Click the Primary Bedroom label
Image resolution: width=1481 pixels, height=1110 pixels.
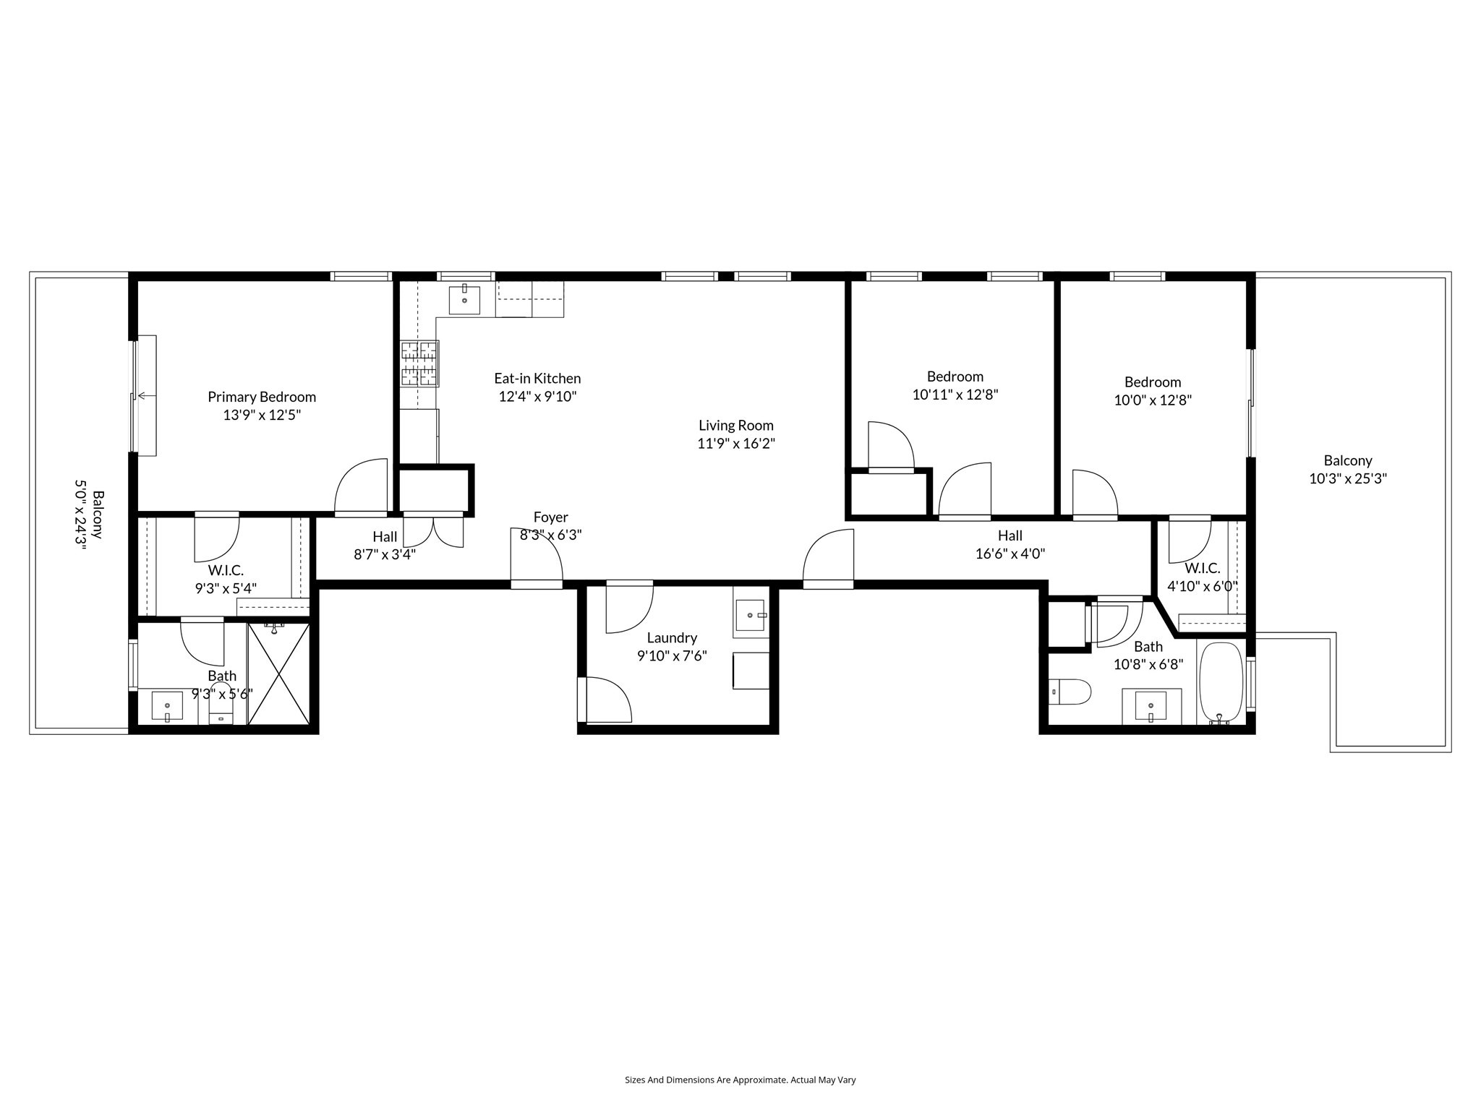(262, 397)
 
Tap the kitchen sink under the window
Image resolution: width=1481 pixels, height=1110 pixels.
(464, 299)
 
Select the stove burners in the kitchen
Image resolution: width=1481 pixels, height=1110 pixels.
(419, 363)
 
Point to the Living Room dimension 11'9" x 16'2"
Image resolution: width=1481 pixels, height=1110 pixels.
(735, 444)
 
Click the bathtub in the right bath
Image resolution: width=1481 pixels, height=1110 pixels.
(1221, 682)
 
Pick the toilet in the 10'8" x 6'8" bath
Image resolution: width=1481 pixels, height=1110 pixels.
(1070, 692)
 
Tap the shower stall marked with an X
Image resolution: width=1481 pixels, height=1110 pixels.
(279, 674)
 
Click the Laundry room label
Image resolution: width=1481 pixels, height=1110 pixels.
(672, 638)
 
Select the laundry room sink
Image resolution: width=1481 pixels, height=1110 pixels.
(751, 616)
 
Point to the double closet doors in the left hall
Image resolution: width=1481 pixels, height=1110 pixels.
(433, 531)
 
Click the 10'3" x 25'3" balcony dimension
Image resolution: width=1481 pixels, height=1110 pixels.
(1347, 478)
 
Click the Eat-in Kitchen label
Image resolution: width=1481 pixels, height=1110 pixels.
(537, 378)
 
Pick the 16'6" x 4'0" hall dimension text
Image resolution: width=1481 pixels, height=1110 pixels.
(1010, 554)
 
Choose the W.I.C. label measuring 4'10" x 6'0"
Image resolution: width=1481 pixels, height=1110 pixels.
(1202, 569)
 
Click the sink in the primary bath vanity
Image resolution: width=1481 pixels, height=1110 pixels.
(167, 706)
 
